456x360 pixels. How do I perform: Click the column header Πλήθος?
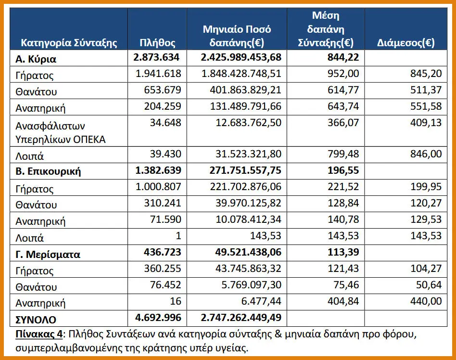point(157,43)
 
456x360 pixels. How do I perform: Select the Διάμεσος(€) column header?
point(405,43)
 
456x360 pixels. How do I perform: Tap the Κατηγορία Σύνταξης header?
point(69,43)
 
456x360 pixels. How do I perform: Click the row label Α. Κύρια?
point(36,59)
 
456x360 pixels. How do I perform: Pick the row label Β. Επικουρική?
point(48,171)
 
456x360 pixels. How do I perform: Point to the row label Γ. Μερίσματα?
point(48,255)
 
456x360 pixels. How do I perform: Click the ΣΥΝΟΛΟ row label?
point(36,320)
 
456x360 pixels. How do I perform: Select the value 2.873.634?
point(156,57)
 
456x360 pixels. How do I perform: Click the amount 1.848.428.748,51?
point(241,73)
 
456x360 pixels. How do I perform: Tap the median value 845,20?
point(426,73)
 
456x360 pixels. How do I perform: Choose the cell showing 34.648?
point(165,123)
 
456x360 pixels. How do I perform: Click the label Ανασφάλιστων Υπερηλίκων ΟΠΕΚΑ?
point(61,133)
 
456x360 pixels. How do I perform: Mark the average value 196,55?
point(343,170)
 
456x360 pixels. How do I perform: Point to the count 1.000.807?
point(159,187)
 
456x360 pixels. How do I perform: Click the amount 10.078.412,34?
point(249,219)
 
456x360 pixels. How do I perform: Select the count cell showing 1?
point(178,235)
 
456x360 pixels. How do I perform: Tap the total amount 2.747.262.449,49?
point(241,318)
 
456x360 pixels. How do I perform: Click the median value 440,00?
point(426,301)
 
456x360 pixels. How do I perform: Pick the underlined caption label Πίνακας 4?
point(39,334)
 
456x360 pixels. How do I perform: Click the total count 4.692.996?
point(158,318)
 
